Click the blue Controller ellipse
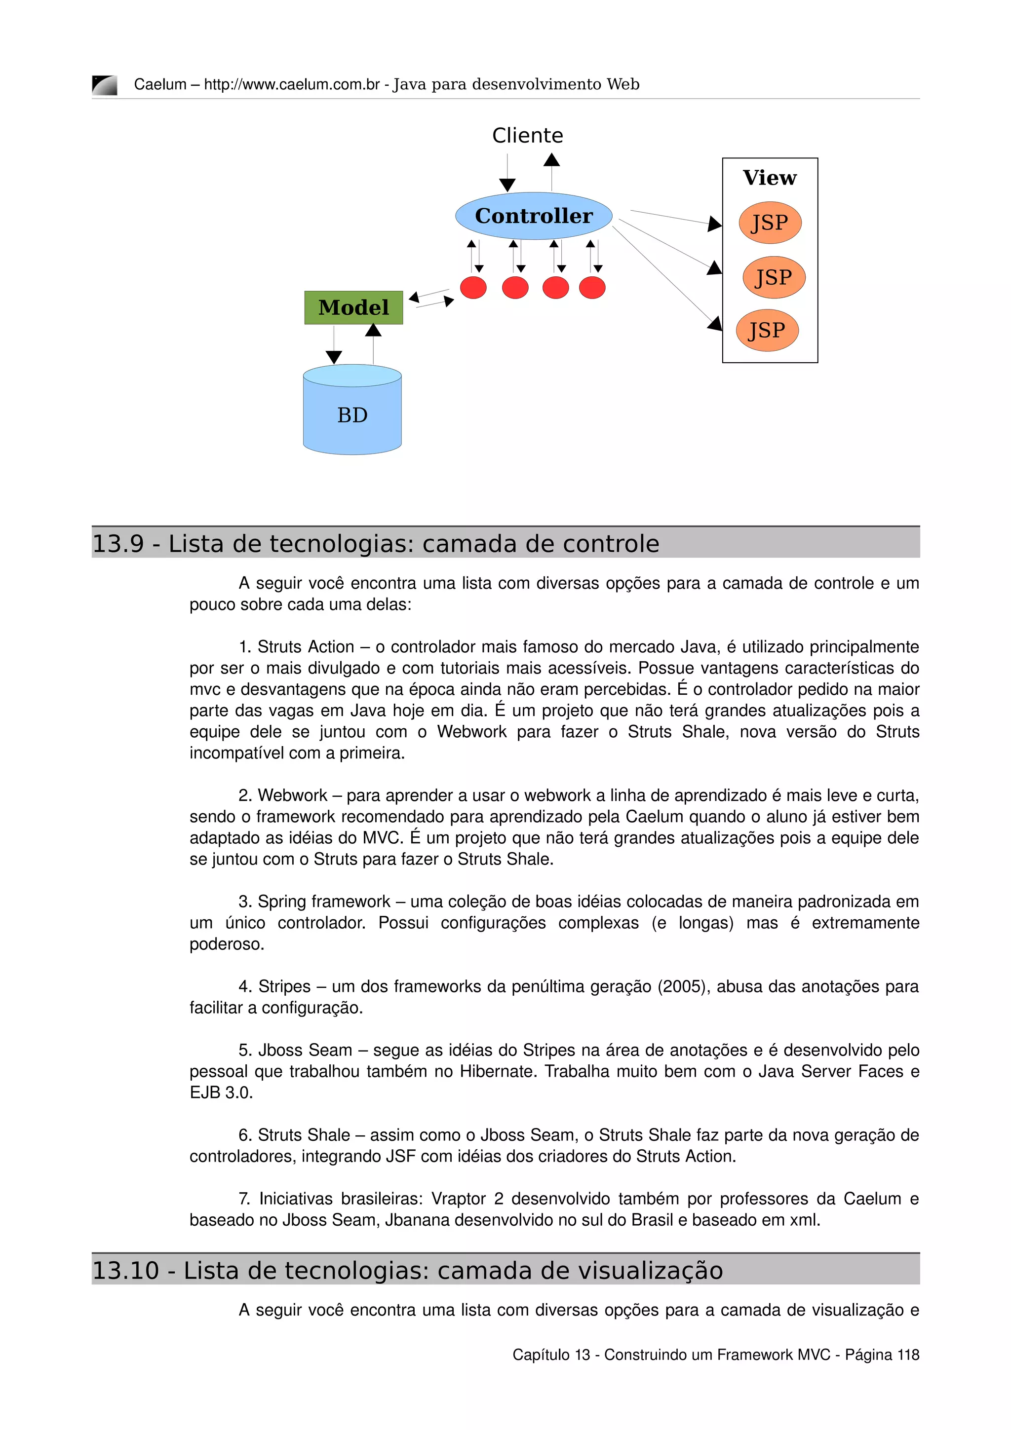[x=533, y=216]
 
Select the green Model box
[x=353, y=308]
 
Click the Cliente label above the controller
[x=527, y=135]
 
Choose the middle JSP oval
[x=773, y=277]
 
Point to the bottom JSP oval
[x=767, y=330]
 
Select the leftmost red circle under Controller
[x=473, y=288]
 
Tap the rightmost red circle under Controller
[x=592, y=288]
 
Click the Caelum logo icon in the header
[x=105, y=85]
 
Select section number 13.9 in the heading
[x=117, y=544]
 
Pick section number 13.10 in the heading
[x=125, y=1271]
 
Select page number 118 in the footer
[x=908, y=1355]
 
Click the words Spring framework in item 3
[x=324, y=901]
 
